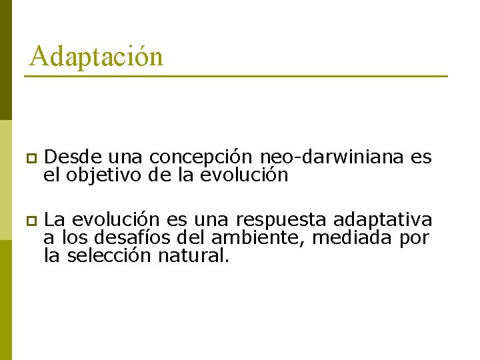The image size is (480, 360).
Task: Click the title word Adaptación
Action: point(96,56)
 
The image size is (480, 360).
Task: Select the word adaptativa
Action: point(383,219)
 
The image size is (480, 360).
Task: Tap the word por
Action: point(415,238)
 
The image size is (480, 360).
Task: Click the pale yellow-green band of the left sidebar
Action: point(5,180)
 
